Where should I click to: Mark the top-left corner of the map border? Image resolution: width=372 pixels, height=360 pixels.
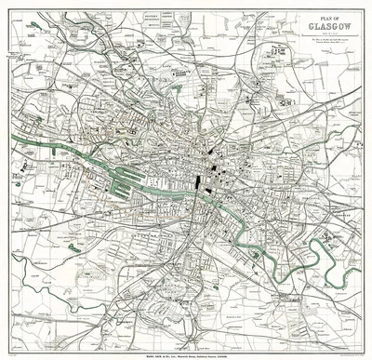[5, 6]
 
